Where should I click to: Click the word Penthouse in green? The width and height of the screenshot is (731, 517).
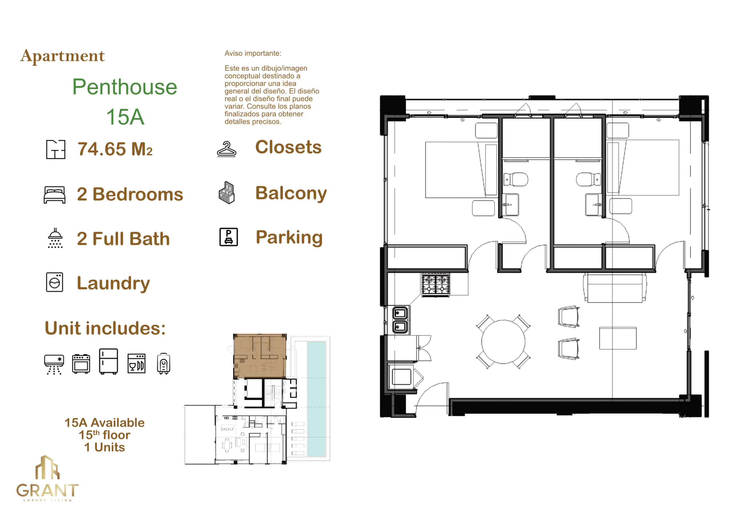point(124,87)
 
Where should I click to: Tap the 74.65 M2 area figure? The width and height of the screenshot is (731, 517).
point(115,149)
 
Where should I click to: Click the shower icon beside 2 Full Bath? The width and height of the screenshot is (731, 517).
point(55,238)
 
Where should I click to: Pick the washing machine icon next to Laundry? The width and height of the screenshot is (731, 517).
point(55,282)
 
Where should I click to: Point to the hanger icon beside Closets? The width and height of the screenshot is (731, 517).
point(226,149)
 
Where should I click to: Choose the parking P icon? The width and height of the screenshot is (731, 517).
point(229,237)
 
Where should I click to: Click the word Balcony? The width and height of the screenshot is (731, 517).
point(291,193)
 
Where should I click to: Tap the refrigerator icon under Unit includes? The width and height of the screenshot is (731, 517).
point(109,361)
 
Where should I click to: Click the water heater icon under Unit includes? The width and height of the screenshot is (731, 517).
point(164,363)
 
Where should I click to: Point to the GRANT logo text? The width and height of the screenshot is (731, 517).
point(47,490)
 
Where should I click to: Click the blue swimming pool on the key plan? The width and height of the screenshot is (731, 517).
point(316,399)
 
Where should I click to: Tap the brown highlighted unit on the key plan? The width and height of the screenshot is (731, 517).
point(260,356)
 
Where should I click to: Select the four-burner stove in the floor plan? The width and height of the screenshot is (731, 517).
point(435,285)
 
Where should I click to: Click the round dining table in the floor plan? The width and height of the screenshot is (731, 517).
point(503,342)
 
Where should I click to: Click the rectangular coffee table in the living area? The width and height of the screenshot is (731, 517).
point(618,338)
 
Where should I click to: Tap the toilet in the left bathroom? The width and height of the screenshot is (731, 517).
point(516,179)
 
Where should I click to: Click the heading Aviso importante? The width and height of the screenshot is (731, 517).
point(253,53)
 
